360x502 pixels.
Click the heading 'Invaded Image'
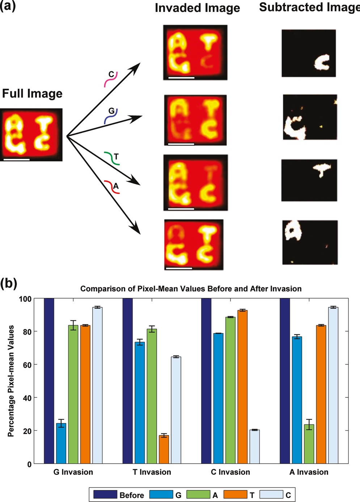[x=197, y=8]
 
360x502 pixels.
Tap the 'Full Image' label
[x=32, y=93]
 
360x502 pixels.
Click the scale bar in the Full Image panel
[x=17, y=159]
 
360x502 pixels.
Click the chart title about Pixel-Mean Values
[x=191, y=289]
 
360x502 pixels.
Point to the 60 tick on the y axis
[x=27, y=364]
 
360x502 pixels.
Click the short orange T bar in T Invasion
[x=164, y=450]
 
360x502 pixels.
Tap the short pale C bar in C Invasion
[x=254, y=447]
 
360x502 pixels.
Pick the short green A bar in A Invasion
[x=309, y=444]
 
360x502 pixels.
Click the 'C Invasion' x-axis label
[x=230, y=472]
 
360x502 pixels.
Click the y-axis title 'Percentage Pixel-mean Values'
[x=11, y=381]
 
